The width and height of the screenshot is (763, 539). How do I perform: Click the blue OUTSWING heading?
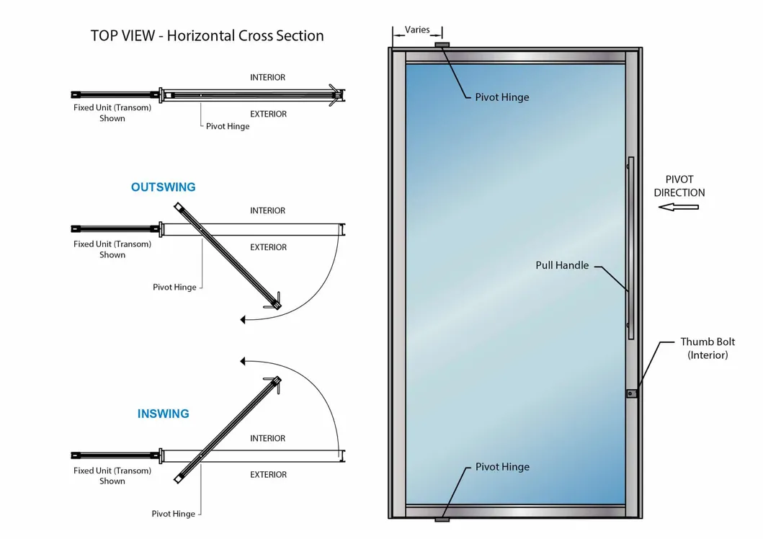pyautogui.click(x=163, y=187)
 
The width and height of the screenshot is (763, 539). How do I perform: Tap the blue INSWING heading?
pyautogui.click(x=163, y=414)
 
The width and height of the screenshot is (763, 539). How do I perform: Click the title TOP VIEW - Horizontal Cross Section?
pyautogui.click(x=207, y=35)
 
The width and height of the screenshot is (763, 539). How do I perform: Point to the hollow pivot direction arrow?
pyautogui.click(x=679, y=208)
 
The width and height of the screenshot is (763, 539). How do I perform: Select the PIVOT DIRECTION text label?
pyautogui.click(x=679, y=186)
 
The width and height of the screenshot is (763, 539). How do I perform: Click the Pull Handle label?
pyautogui.click(x=562, y=265)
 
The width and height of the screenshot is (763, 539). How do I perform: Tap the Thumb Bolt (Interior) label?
pyautogui.click(x=708, y=348)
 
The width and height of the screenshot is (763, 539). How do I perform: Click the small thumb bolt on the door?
pyautogui.click(x=631, y=393)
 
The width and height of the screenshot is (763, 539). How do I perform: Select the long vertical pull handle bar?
pyautogui.click(x=630, y=248)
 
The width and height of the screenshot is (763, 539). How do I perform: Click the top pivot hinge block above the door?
pyautogui.click(x=442, y=45)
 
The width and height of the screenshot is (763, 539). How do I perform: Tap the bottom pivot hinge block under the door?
pyautogui.click(x=442, y=520)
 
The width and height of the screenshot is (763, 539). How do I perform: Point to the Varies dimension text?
pyautogui.click(x=417, y=30)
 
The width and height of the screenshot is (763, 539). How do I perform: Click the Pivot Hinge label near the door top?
pyautogui.click(x=501, y=97)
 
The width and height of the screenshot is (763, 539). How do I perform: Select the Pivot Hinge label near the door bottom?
pyautogui.click(x=502, y=467)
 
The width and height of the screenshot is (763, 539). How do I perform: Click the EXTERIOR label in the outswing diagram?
pyautogui.click(x=268, y=247)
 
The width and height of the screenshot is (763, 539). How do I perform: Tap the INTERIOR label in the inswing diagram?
pyautogui.click(x=267, y=438)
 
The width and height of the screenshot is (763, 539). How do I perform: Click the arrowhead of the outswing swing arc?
pyautogui.click(x=244, y=318)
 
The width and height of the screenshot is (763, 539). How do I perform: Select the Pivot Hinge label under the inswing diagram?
pyautogui.click(x=173, y=514)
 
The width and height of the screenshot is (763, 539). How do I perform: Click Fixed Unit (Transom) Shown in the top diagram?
pyautogui.click(x=112, y=113)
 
